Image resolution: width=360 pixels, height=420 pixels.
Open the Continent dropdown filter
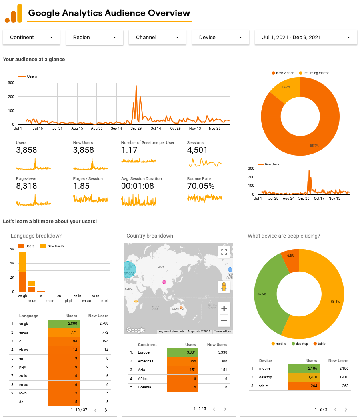click(x=32, y=37)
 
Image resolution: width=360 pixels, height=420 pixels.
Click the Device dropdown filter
click(x=221, y=37)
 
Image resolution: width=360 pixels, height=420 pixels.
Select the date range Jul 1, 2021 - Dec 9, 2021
click(x=306, y=37)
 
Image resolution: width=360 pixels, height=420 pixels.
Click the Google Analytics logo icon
click(x=13, y=14)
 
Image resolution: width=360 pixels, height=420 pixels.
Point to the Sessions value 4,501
click(x=197, y=150)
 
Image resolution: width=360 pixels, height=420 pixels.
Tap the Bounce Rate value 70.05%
click(x=201, y=186)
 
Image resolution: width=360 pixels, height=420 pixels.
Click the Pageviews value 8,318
click(x=26, y=186)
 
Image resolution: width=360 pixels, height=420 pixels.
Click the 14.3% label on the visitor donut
click(x=286, y=87)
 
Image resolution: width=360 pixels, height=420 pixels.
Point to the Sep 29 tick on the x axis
click(x=136, y=128)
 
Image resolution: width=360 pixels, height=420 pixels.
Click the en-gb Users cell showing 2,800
click(x=64, y=324)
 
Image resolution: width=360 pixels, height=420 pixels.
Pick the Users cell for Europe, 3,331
click(x=182, y=352)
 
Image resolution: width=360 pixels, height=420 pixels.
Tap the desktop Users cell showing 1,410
click(x=303, y=377)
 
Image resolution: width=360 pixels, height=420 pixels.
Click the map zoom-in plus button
click(x=224, y=308)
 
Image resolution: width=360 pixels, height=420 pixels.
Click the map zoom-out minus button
click(x=224, y=320)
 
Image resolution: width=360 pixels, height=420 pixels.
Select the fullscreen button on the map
click(x=224, y=252)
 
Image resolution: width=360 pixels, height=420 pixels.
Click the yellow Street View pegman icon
click(x=224, y=287)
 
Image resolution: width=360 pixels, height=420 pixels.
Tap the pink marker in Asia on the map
click(x=164, y=282)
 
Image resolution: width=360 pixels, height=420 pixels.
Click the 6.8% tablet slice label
click(x=290, y=256)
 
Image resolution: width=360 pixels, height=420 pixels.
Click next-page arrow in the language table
click(x=106, y=410)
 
